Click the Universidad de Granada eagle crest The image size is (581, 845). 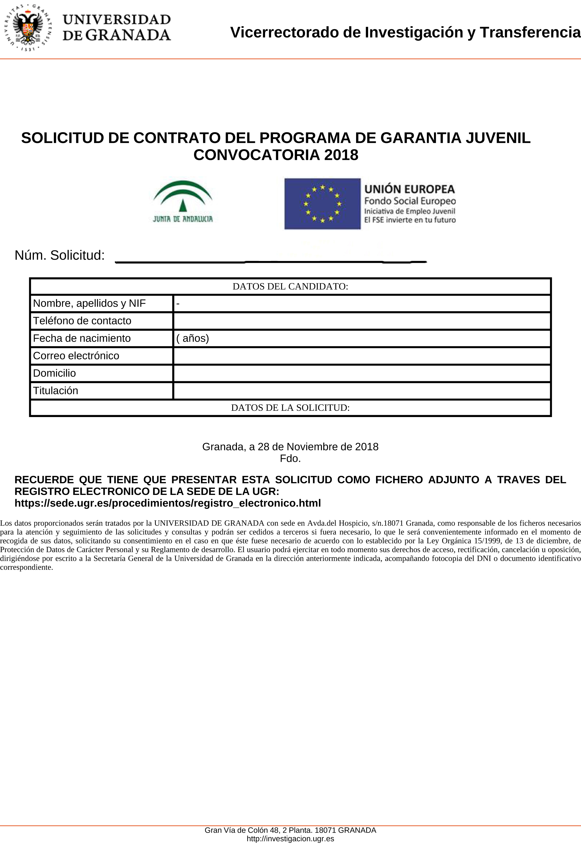click(x=28, y=28)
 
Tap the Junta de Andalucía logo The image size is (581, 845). click(x=183, y=202)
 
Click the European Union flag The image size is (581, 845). click(x=322, y=204)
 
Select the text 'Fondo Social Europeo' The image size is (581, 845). click(x=410, y=201)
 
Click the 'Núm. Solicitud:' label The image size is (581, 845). click(x=60, y=256)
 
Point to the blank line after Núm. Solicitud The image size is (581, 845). click(x=271, y=261)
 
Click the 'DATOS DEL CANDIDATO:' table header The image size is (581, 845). click(x=290, y=286)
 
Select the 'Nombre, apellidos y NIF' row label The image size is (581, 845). click(x=89, y=303)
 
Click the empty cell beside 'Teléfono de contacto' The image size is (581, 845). click(x=362, y=321)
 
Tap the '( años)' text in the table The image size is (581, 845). click(x=193, y=338)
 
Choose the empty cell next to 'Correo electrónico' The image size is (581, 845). click(x=362, y=356)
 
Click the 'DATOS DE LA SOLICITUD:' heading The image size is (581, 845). click(x=290, y=408)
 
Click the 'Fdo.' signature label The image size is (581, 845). click(x=290, y=458)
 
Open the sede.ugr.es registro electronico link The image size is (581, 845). click(x=168, y=503)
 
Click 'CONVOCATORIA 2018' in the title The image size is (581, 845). click(x=275, y=155)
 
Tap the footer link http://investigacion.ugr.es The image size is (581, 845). click(x=290, y=839)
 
